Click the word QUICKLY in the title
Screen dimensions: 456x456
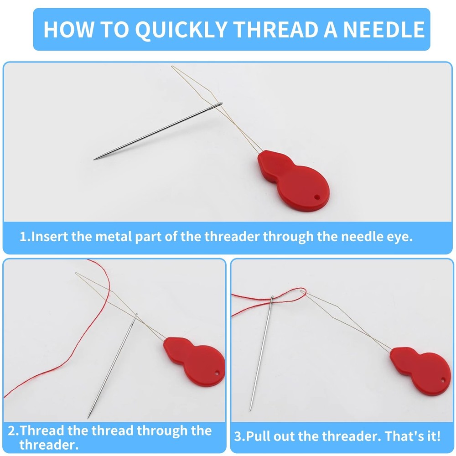point(181,30)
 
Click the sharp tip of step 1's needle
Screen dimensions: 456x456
point(94,159)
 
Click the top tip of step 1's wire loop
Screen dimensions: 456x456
point(172,67)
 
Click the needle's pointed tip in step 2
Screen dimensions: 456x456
point(88,418)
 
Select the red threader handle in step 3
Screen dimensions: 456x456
point(420,371)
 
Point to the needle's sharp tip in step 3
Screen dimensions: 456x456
point(250,409)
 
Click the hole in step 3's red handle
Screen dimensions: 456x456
point(443,380)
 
